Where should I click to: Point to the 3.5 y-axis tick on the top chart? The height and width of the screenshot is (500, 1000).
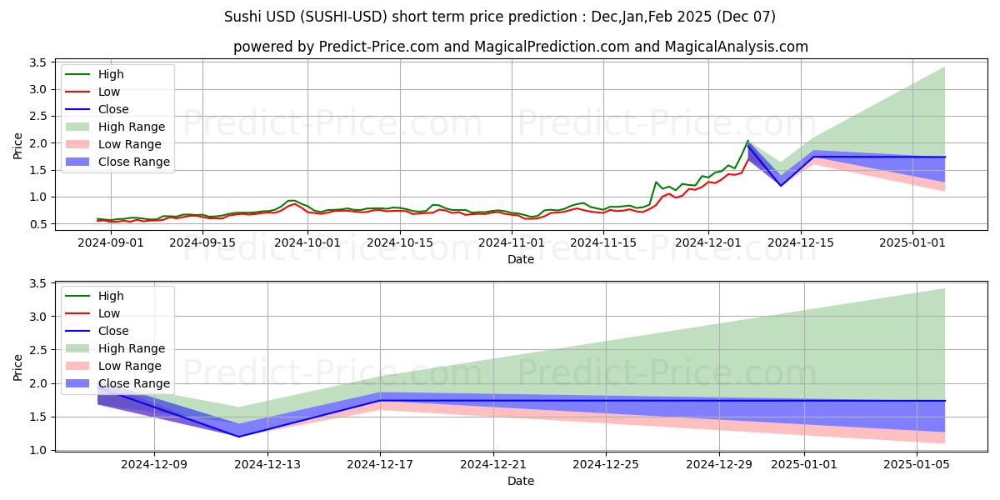(37, 62)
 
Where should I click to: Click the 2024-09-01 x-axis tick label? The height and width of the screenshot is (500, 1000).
(110, 242)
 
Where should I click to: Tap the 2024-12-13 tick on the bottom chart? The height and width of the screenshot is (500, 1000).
(267, 464)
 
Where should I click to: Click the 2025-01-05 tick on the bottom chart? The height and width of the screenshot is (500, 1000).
(917, 464)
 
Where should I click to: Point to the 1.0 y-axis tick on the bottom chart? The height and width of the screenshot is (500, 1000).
(37, 450)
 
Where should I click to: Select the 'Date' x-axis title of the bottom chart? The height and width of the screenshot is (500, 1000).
(521, 481)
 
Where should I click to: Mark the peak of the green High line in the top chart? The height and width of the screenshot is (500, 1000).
(747, 141)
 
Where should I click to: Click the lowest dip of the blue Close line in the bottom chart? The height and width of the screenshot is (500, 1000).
(240, 437)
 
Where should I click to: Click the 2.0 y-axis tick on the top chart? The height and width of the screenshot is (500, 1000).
(37, 143)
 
